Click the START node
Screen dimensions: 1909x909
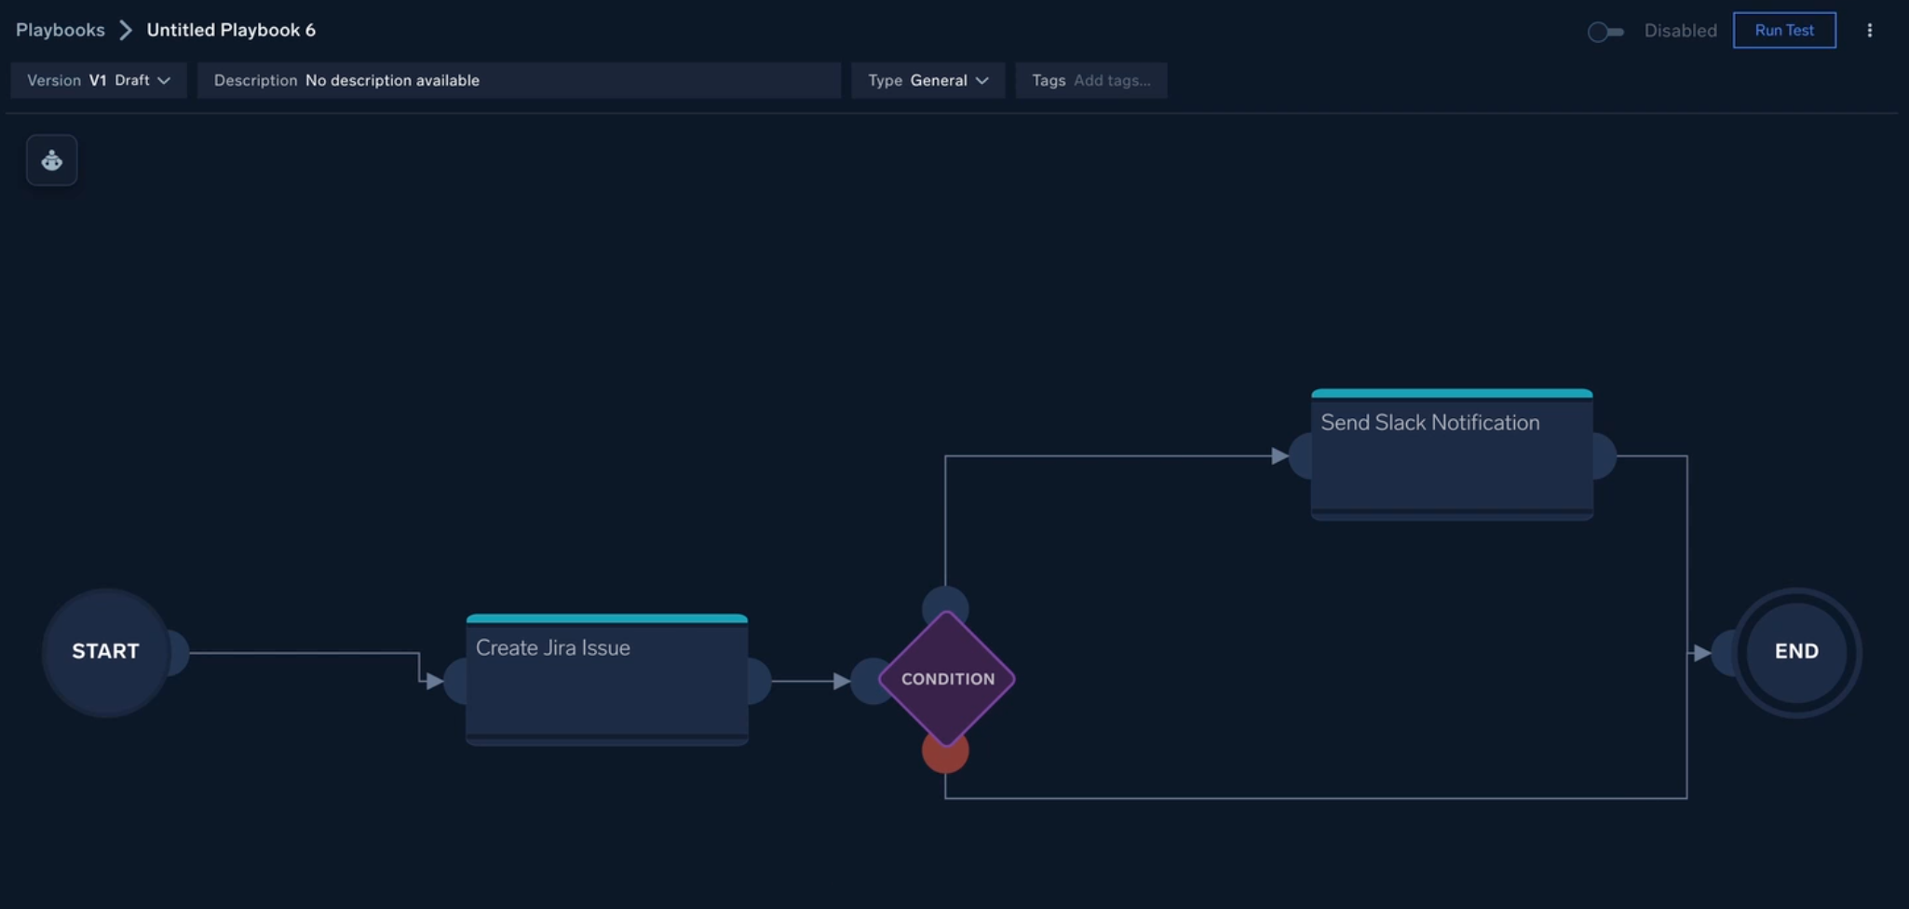click(x=105, y=652)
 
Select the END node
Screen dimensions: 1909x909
click(x=1796, y=652)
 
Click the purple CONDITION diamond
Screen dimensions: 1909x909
click(x=947, y=679)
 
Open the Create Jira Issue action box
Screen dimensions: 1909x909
click(x=607, y=680)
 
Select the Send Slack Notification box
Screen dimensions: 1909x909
click(x=1452, y=454)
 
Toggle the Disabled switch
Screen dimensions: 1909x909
click(x=1605, y=32)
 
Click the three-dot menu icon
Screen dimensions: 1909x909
click(x=1869, y=31)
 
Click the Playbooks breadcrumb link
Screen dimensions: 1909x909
click(x=61, y=30)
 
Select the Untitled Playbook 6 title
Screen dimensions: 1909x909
click(x=231, y=30)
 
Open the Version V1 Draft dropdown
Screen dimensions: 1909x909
click(x=99, y=80)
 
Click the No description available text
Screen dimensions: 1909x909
click(x=392, y=80)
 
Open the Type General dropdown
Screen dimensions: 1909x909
click(x=928, y=80)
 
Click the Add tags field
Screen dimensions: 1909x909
click(x=1112, y=80)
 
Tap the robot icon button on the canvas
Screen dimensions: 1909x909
click(x=52, y=160)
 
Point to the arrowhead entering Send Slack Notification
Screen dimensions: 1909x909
click(x=1280, y=455)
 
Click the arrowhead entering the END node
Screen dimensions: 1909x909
click(x=1701, y=653)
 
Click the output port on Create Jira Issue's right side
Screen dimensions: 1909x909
click(x=760, y=681)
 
